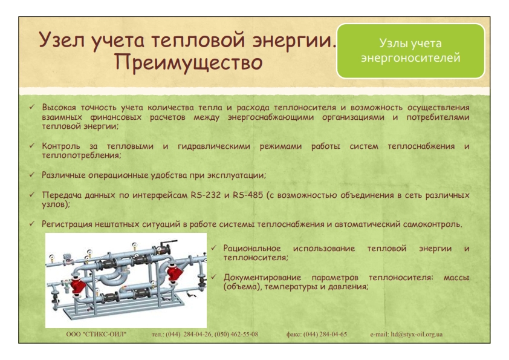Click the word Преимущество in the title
pos(189,63)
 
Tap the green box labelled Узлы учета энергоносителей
pos(410,51)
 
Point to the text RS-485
pos(248,195)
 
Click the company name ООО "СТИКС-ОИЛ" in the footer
pos(96,335)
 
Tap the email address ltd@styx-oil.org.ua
pos(417,335)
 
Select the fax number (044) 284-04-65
pos(325,335)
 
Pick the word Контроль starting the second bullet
pos(61,146)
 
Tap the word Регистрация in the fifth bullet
pos(67,224)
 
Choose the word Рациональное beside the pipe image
pos(252,249)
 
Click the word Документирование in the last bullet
pos(262,278)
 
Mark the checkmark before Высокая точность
pos(32,106)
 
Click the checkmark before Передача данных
pos(32,195)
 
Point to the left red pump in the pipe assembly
pos(79,286)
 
